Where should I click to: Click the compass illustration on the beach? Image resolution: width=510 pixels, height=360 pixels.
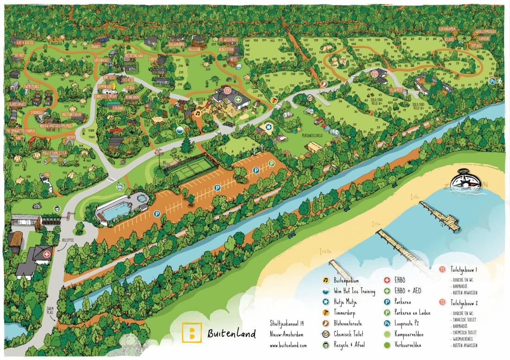pyautogui.click(x=466, y=179)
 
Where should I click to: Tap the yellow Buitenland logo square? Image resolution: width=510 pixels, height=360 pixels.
pyautogui.click(x=191, y=332)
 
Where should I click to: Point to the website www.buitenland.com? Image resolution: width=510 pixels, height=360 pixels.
pyautogui.click(x=288, y=345)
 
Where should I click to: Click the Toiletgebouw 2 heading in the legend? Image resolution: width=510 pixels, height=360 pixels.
pyautogui.click(x=463, y=303)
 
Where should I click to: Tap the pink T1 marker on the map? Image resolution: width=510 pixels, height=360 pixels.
pyautogui.click(x=227, y=90)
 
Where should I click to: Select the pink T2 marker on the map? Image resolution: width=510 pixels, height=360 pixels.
pyautogui.click(x=375, y=74)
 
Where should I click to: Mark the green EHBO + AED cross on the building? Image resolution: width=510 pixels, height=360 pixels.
pyautogui.click(x=238, y=99)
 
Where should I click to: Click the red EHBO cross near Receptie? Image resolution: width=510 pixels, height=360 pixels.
pyautogui.click(x=46, y=254)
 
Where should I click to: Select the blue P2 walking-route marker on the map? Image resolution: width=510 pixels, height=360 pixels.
pyautogui.click(x=492, y=81)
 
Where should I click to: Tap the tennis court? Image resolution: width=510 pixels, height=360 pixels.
pyautogui.click(x=188, y=166)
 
